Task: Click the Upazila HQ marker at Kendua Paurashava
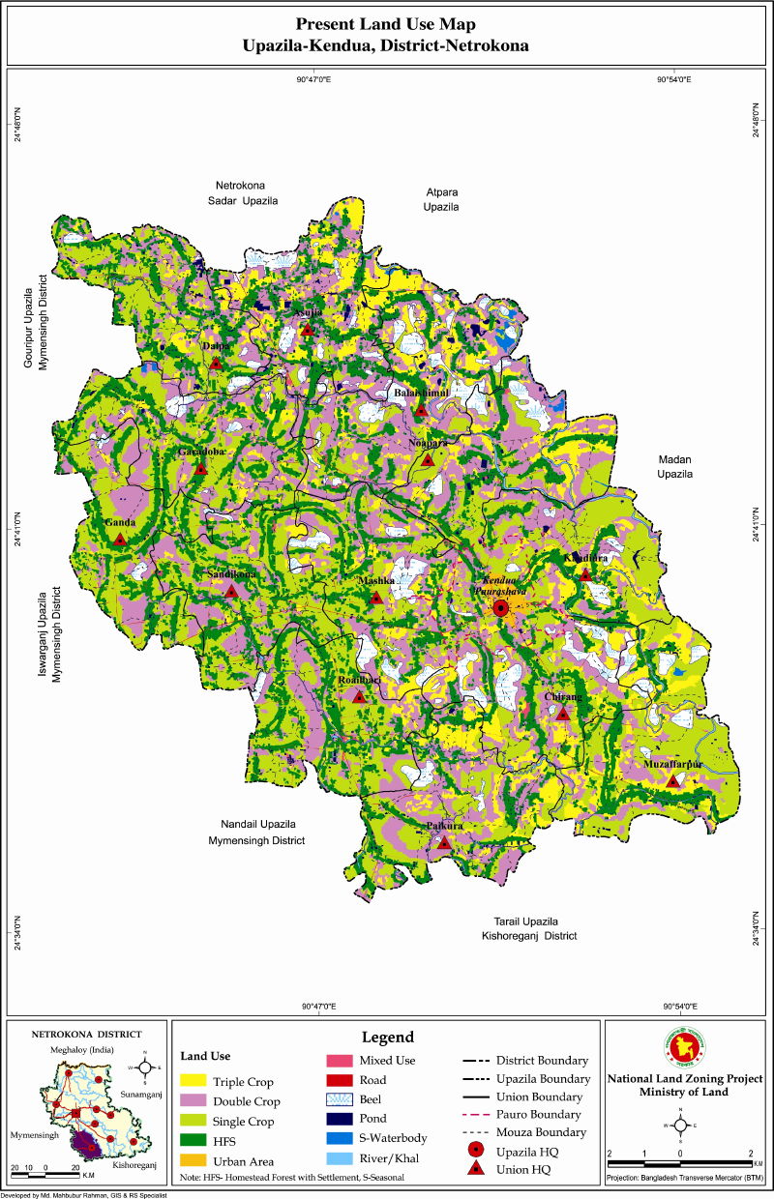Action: [500, 608]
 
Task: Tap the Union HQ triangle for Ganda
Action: [119, 540]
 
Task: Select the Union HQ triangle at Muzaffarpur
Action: [673, 780]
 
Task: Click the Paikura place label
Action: [445, 826]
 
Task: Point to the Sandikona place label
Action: [231, 574]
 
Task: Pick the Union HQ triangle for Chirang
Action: [563, 714]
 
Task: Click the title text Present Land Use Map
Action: [386, 23]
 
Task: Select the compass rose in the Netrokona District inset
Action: [144, 1067]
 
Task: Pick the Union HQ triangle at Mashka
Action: [376, 598]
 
